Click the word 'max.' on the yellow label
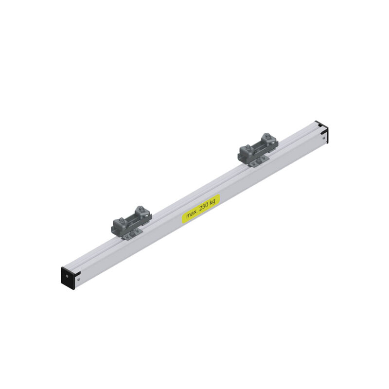(x=192, y=214)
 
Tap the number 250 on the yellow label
(x=204, y=208)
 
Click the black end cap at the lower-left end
(x=68, y=278)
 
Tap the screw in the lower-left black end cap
(x=67, y=276)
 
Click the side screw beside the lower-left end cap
(x=78, y=279)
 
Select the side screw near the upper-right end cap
(x=323, y=137)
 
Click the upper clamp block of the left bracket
(x=143, y=213)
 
